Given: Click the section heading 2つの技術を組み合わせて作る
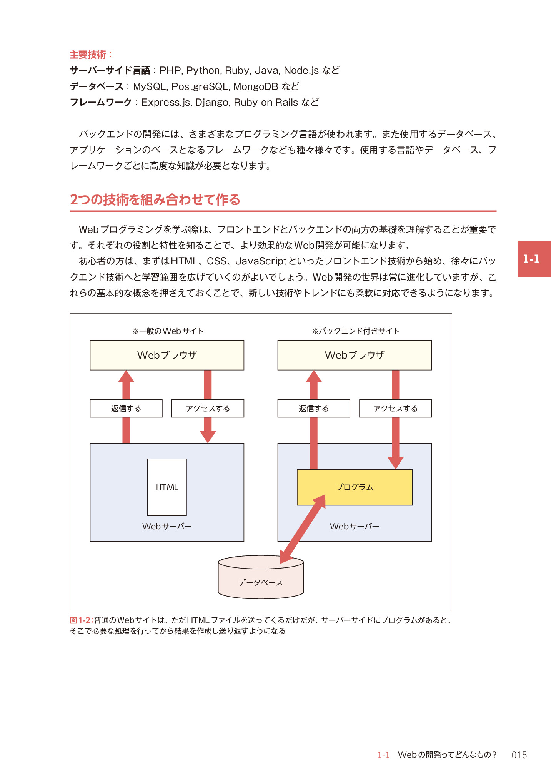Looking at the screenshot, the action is (x=155, y=199).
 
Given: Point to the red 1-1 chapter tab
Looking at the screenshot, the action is (x=534, y=259).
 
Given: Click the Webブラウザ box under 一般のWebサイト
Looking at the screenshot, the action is (x=167, y=355).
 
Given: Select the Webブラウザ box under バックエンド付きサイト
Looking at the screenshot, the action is (x=355, y=355).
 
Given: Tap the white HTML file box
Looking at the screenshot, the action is (x=167, y=487).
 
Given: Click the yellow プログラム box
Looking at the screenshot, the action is (x=355, y=487).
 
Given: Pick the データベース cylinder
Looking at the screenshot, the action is (x=261, y=577).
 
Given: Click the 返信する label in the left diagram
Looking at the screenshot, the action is (x=126, y=408).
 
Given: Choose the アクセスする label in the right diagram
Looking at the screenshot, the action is (x=395, y=408).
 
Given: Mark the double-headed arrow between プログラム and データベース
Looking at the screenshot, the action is (x=303, y=529).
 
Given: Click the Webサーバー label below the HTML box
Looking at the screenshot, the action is (x=167, y=526).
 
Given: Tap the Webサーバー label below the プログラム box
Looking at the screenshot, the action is (x=355, y=526).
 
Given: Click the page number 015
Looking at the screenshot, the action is (x=519, y=755).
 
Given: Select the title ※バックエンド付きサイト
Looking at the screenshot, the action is (x=356, y=331).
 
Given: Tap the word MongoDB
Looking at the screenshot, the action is (x=256, y=86).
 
